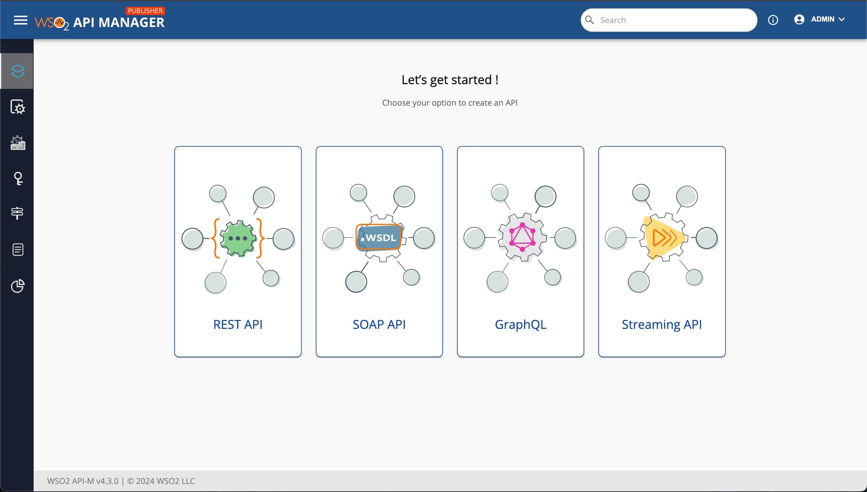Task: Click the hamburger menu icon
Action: pyautogui.click(x=20, y=20)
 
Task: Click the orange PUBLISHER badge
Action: pyautogui.click(x=145, y=10)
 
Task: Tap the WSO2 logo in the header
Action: pyautogui.click(x=52, y=23)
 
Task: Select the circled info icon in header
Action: pyautogui.click(x=773, y=20)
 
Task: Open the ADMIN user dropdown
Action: pyautogui.click(x=819, y=20)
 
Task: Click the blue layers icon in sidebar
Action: pyautogui.click(x=18, y=71)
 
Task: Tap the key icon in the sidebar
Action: pyautogui.click(x=18, y=179)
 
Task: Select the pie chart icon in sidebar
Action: pyautogui.click(x=18, y=286)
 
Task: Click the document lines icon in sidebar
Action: pyautogui.click(x=18, y=250)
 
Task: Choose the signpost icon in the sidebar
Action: pyautogui.click(x=17, y=213)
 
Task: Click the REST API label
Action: pyautogui.click(x=238, y=325)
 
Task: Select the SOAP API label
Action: pyautogui.click(x=379, y=325)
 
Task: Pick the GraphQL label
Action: pyautogui.click(x=521, y=325)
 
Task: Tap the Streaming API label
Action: pyautogui.click(x=662, y=325)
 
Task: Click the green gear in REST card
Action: pyautogui.click(x=238, y=238)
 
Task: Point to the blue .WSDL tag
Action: pyautogui.click(x=379, y=238)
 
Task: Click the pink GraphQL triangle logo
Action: pyautogui.click(x=522, y=237)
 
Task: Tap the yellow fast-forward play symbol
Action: pyautogui.click(x=663, y=238)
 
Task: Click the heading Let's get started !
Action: pyautogui.click(x=450, y=80)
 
